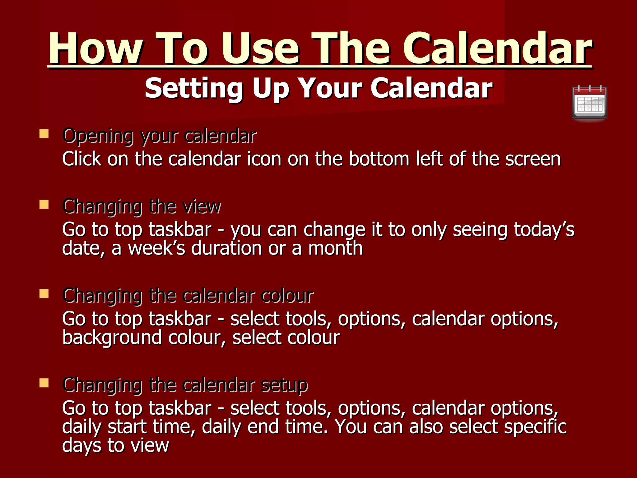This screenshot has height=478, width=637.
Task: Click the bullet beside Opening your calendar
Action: [x=44, y=134]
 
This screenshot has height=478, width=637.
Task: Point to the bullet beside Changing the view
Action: [x=44, y=204]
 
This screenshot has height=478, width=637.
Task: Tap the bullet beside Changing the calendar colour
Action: [x=44, y=294]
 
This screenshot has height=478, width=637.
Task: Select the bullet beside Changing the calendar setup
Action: [x=44, y=383]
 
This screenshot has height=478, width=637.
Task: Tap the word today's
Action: [x=544, y=230]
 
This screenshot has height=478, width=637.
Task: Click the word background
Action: [x=112, y=338]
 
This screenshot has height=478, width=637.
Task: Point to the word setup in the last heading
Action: [x=284, y=385]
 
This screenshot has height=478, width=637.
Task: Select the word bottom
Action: [x=379, y=159]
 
